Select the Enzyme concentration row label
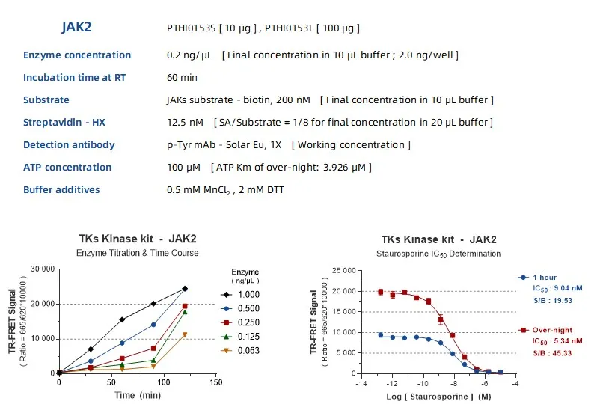tap(77, 55)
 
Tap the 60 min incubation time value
tap(183, 78)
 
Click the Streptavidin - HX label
tap(67, 123)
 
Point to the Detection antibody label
tap(69, 145)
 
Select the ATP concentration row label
tap(67, 168)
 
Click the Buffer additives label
tap(61, 190)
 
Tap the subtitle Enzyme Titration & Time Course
tap(138, 253)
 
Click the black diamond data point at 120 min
tap(185, 288)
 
